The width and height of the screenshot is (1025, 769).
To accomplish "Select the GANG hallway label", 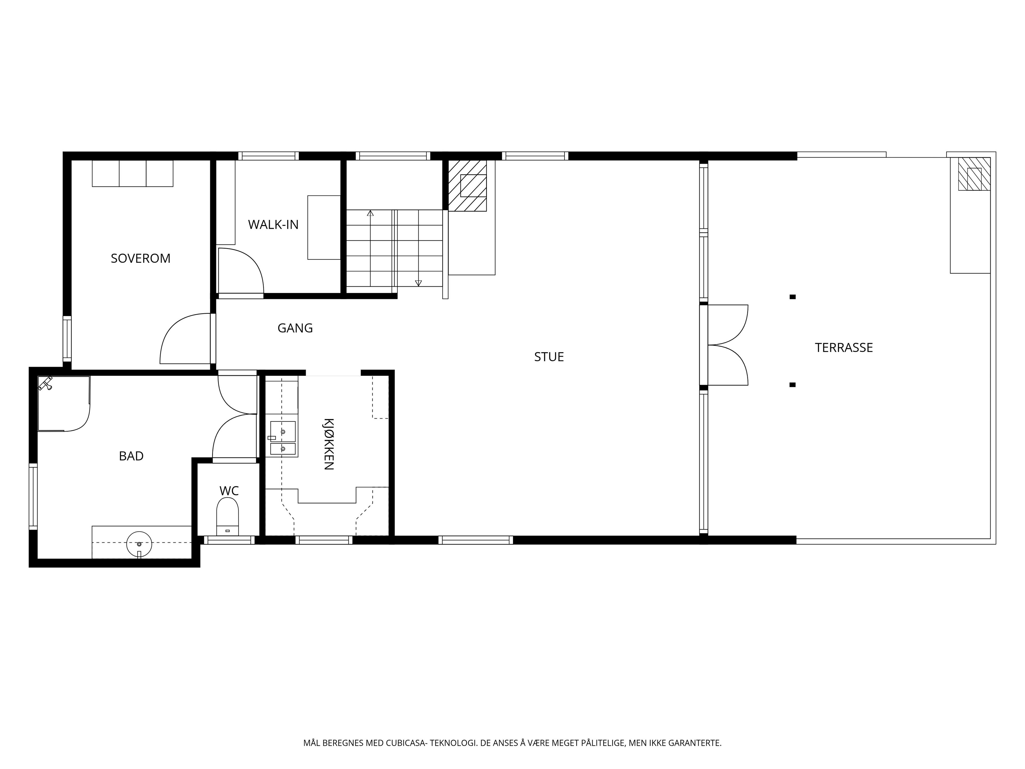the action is pos(295,328).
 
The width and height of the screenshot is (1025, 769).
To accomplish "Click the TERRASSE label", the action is pos(844,348).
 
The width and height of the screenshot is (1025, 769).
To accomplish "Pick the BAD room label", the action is pos(131,456).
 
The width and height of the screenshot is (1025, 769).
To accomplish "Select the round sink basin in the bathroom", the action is pos(139,544).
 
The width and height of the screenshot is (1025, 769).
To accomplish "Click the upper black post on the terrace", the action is pos(793,297).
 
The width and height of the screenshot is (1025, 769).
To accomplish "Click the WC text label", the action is pos(229,491).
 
